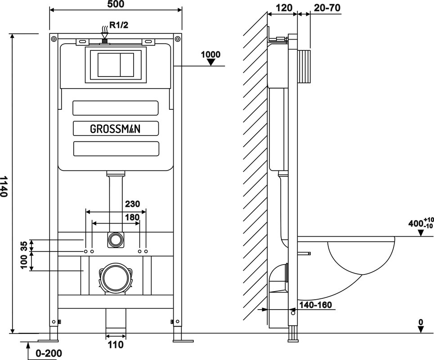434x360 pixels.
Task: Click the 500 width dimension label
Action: [x=116, y=4]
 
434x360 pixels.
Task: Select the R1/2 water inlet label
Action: [x=119, y=25]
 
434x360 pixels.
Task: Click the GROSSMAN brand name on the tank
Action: [x=116, y=129]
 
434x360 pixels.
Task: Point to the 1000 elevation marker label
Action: [x=210, y=54]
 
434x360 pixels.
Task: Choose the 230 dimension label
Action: [x=133, y=204]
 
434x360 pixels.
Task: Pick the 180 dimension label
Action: [x=132, y=217]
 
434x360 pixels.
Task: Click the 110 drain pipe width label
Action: [x=116, y=345]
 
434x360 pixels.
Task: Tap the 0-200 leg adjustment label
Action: [x=49, y=353]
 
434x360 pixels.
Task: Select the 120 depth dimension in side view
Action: [x=284, y=8]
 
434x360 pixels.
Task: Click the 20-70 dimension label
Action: [x=327, y=8]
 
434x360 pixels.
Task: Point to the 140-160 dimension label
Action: [x=315, y=305]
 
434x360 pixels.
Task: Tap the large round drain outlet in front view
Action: [x=116, y=278]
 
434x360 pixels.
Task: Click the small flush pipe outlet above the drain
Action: [x=115, y=240]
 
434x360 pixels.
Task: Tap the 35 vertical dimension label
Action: [x=24, y=246]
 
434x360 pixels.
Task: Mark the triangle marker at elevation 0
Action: [x=421, y=329]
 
